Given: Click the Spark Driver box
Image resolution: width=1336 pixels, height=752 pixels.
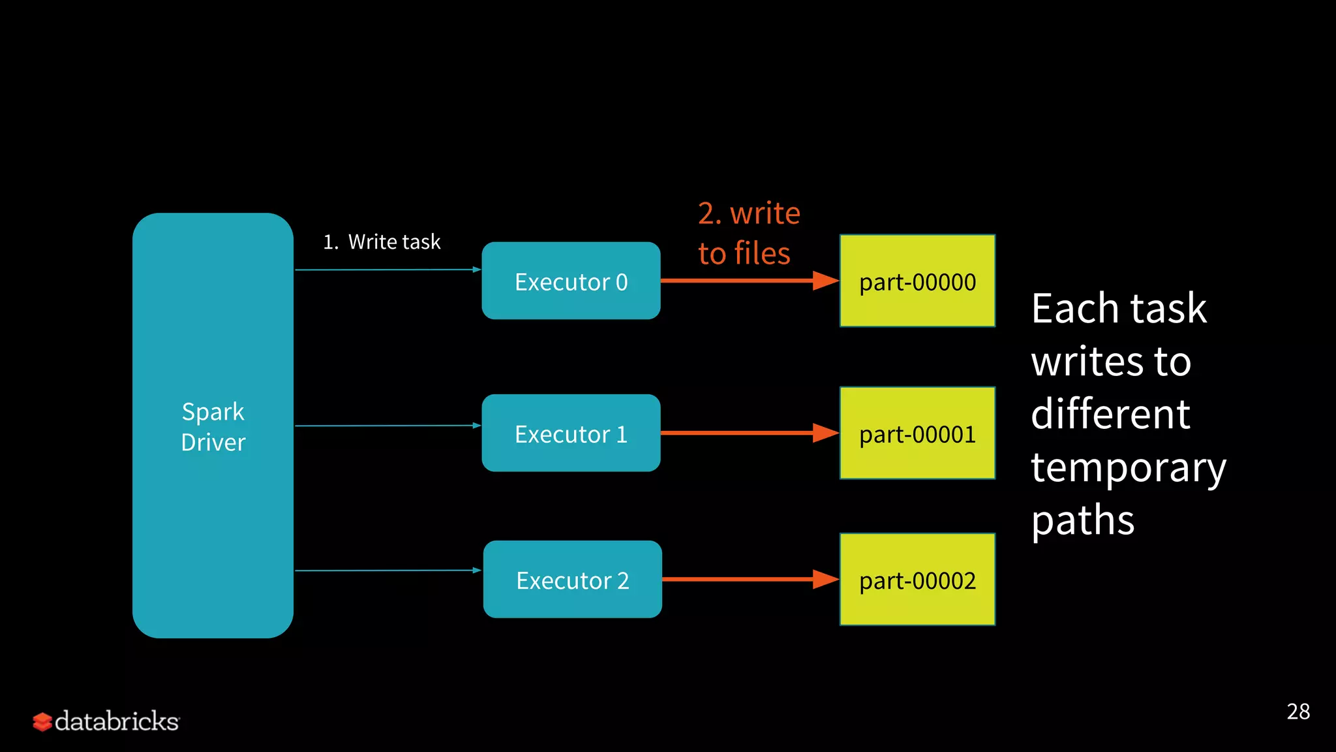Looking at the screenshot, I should (213, 426).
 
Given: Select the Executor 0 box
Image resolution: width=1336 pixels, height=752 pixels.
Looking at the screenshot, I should (571, 281).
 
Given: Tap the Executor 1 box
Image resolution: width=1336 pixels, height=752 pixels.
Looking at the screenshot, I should (571, 433).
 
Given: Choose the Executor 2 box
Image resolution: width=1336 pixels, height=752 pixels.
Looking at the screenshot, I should (572, 579).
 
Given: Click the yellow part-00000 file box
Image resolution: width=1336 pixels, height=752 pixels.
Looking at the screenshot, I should (917, 281).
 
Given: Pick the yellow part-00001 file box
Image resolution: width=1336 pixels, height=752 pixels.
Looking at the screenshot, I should (917, 433).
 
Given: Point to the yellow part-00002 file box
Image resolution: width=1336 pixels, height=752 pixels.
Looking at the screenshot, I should (917, 579).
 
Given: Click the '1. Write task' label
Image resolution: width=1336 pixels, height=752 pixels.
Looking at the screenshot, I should (382, 242).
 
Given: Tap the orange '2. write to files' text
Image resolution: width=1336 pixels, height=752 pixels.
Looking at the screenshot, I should (748, 233).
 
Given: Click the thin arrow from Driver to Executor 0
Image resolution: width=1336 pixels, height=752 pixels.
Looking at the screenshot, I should (387, 270).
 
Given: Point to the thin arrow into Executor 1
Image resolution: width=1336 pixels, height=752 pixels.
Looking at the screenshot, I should (387, 426).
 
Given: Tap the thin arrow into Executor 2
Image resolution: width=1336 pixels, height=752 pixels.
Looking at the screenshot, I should (387, 571).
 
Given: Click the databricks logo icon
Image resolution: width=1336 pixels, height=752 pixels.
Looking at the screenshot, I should (42, 722).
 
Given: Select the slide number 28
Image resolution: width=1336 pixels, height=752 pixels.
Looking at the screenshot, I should (1298, 712).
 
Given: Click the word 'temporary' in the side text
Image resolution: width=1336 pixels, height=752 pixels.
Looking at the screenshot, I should (1128, 467).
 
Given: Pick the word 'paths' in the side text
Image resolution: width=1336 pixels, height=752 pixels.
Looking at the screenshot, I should (1082, 521).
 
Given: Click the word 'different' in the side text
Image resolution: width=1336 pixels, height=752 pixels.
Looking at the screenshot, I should (1110, 414).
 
